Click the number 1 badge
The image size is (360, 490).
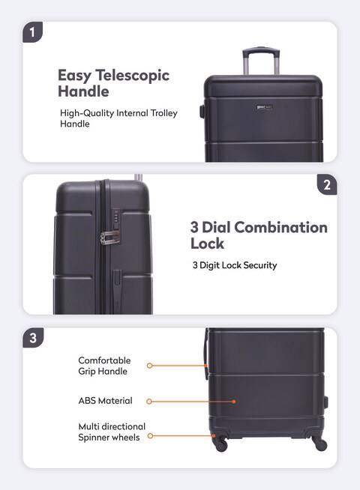point(32,32)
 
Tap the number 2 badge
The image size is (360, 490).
point(327,185)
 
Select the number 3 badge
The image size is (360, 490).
point(33,338)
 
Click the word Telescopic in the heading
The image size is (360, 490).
point(132,76)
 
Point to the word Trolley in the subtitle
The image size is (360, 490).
point(164,113)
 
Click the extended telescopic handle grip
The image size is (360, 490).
point(261,50)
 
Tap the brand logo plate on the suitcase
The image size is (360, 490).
point(265,107)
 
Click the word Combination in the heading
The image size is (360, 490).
point(280,227)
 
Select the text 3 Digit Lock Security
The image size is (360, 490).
point(235,265)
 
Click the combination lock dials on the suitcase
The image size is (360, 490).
point(116,216)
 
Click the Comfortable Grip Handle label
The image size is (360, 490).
point(104,366)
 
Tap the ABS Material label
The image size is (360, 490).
point(106,401)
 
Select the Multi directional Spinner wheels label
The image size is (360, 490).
point(112,432)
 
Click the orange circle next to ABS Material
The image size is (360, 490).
point(149,402)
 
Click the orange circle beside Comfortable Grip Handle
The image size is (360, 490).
point(149,366)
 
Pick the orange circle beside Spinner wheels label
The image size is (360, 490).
point(150,435)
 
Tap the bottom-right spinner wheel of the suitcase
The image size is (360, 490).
point(320,444)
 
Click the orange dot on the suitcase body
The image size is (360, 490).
point(234,402)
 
